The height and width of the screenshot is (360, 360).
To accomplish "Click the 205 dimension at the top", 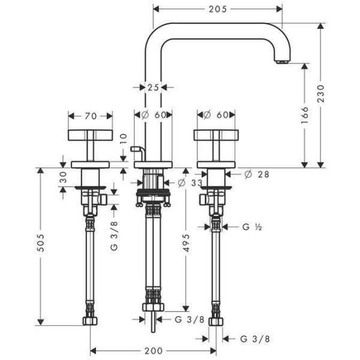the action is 217,9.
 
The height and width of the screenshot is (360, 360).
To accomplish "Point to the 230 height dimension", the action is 321,94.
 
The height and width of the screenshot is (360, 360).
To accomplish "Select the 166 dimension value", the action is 305,115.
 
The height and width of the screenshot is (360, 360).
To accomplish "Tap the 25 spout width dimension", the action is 153,88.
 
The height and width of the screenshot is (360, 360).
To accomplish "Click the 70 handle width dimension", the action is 91,116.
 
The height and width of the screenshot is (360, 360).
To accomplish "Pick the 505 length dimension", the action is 41,243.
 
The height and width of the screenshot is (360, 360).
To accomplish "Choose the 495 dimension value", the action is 186,243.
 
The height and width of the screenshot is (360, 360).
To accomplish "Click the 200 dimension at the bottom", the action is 153,351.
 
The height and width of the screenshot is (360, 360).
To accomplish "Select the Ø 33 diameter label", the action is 190,183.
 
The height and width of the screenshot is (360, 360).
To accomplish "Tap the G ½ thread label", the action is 252,227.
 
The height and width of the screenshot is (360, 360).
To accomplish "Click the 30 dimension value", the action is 63,177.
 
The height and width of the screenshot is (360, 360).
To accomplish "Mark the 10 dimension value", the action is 124,139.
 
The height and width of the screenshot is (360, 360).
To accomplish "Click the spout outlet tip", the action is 282,62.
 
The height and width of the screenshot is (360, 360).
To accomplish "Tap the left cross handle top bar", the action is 90,135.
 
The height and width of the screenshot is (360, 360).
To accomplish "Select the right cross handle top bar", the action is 216,135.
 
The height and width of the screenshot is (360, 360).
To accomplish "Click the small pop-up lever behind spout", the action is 137,152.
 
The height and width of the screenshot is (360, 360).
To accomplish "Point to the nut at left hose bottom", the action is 90,321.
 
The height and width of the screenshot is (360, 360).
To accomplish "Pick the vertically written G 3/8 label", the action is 114,236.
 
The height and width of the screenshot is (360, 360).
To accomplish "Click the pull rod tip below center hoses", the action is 153,331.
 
